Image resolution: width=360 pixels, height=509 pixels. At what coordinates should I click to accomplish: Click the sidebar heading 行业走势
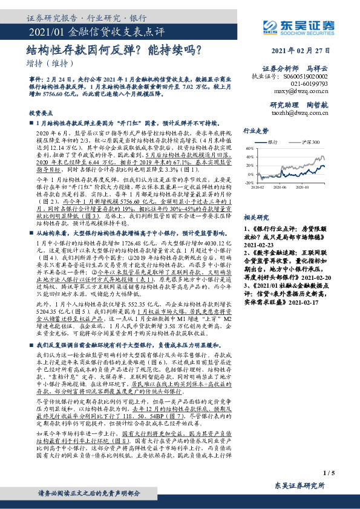[x=255, y=130]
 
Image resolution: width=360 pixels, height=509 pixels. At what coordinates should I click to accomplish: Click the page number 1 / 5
[x=329, y=473]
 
